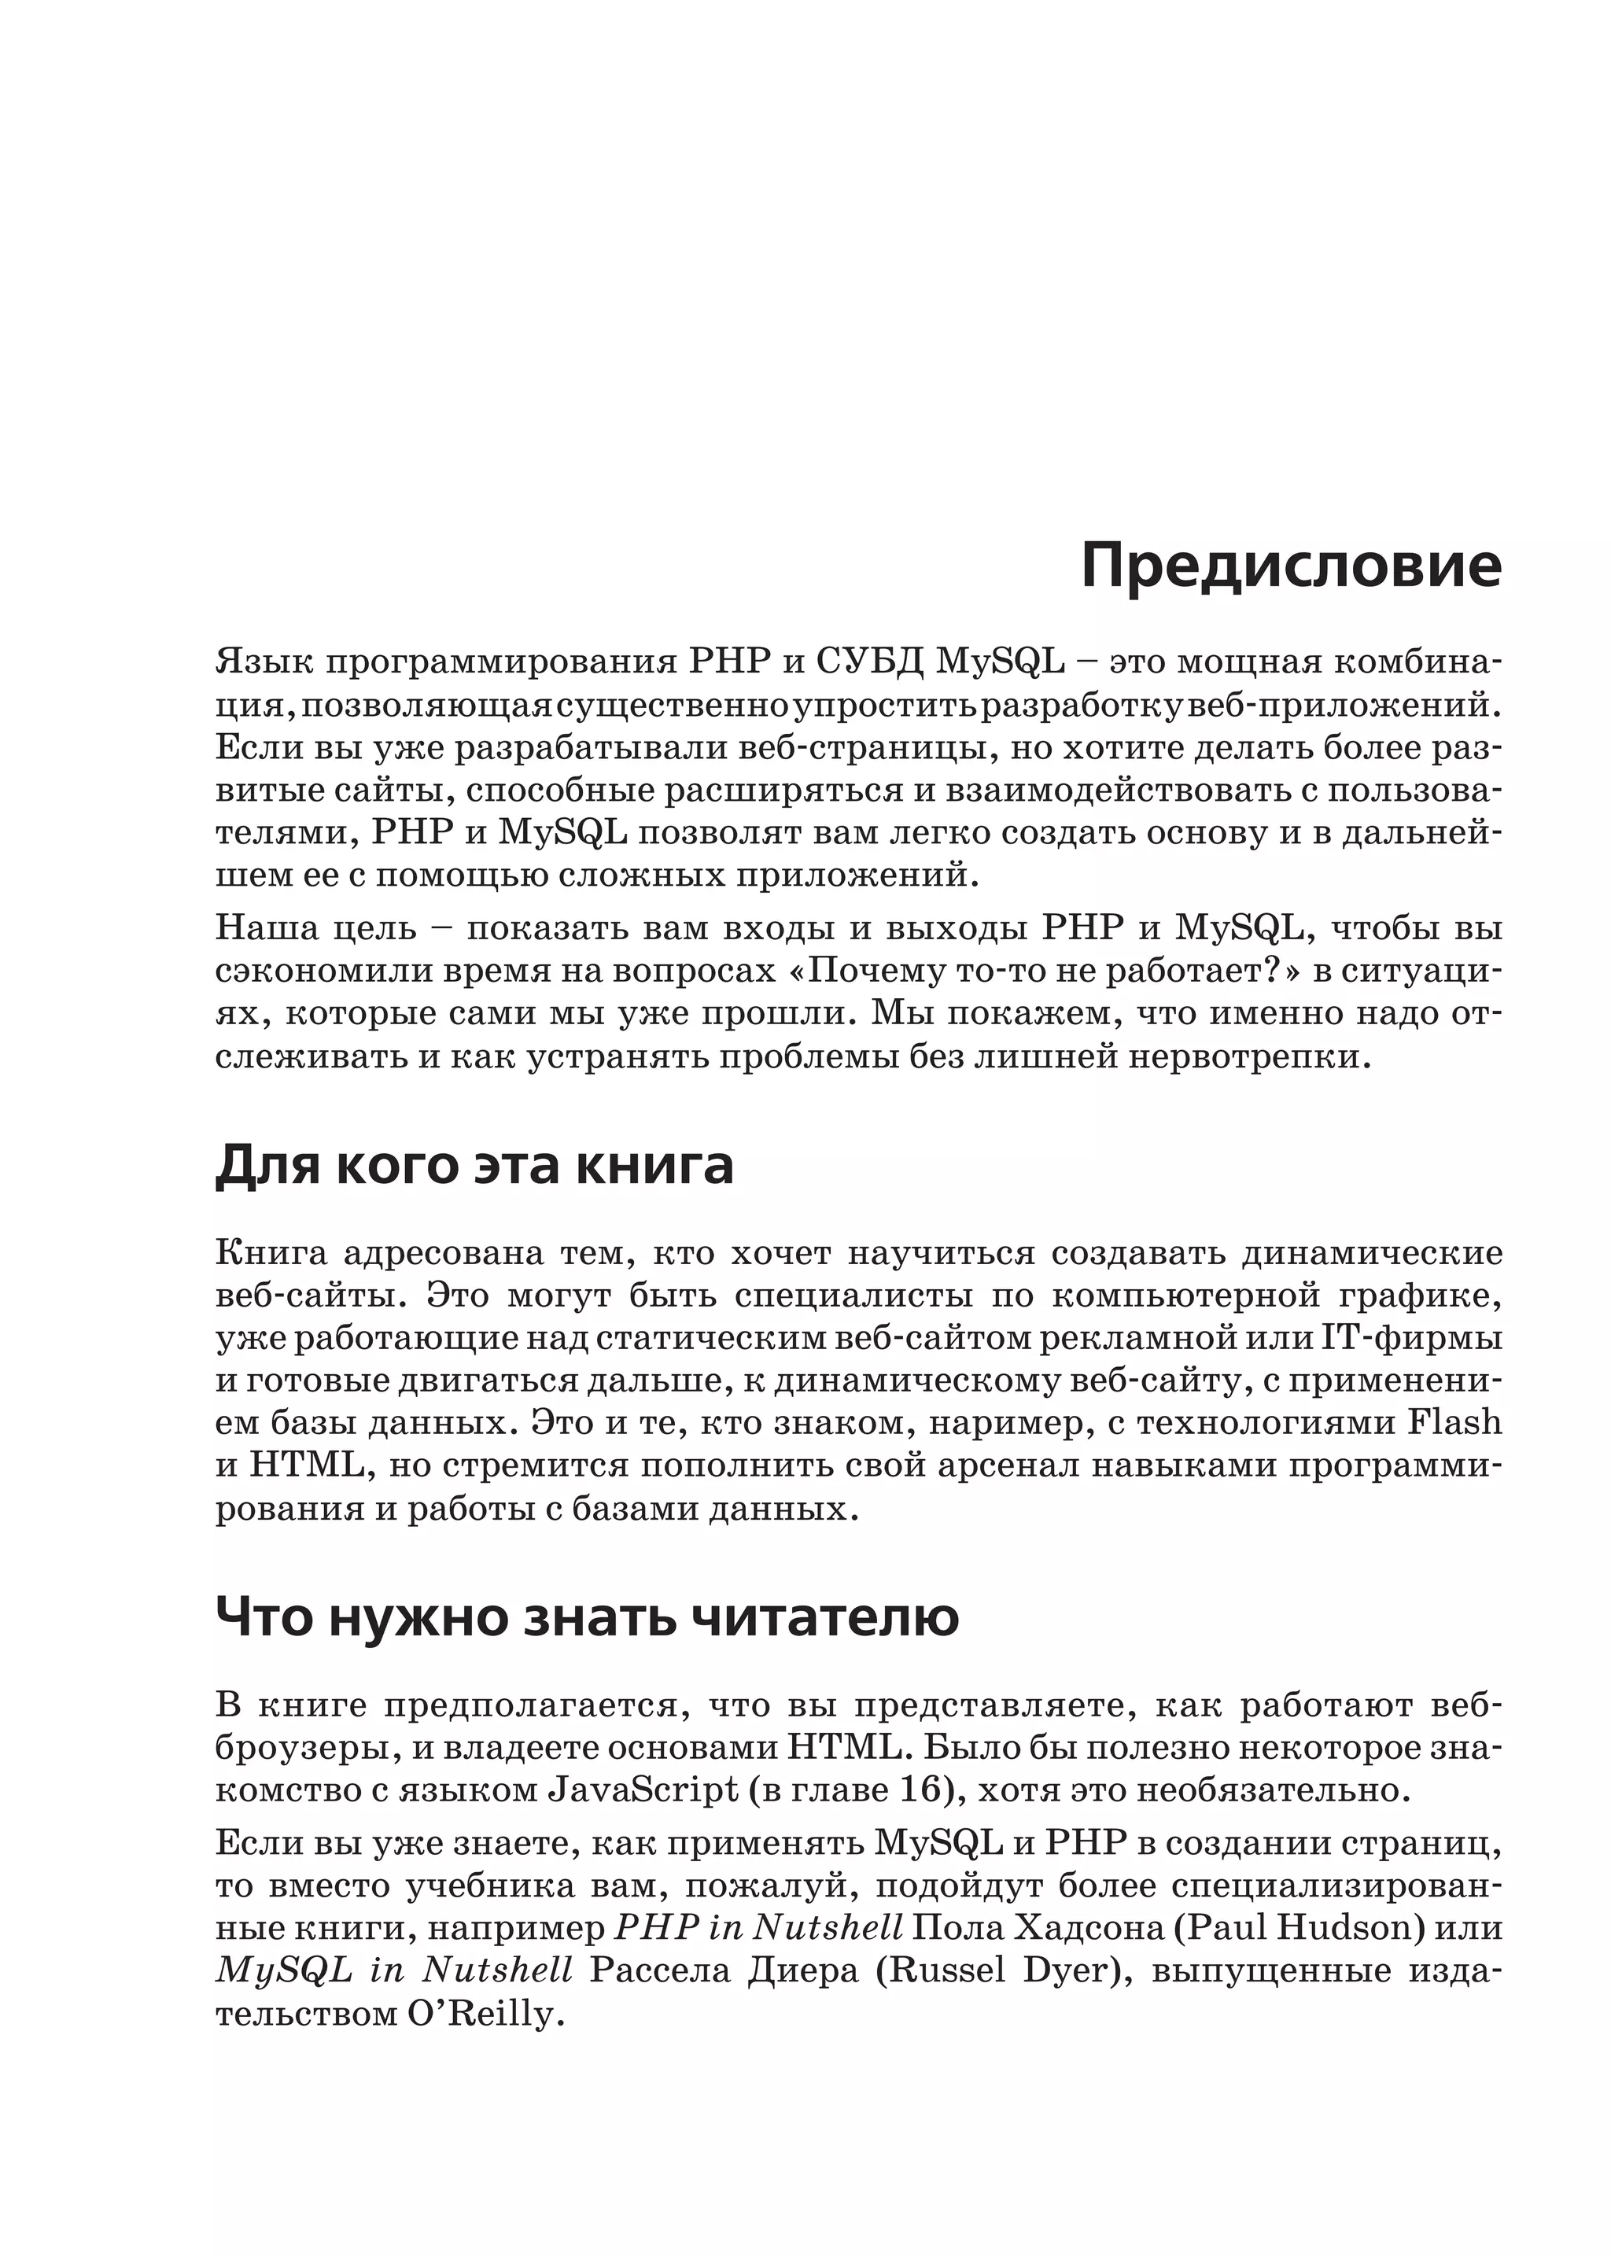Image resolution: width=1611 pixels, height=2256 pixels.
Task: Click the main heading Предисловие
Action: point(1291,566)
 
